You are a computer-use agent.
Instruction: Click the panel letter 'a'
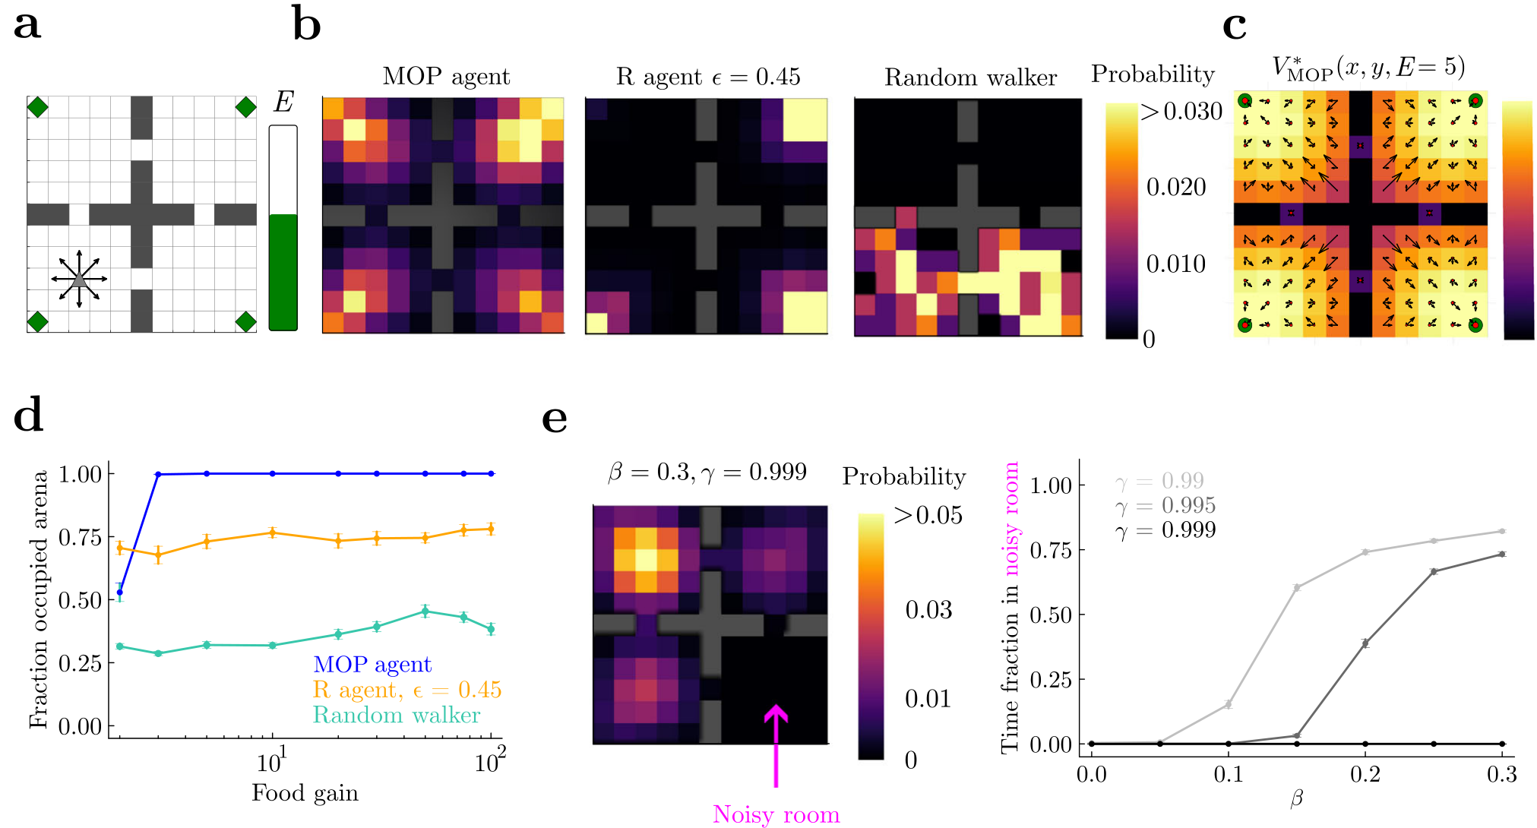(27, 25)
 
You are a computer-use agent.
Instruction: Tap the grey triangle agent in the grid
(79, 279)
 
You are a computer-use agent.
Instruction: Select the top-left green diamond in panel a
(37, 107)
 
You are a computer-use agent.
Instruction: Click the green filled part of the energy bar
(283, 272)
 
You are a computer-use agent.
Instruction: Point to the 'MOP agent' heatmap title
(446, 77)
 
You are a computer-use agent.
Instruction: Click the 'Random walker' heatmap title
(970, 77)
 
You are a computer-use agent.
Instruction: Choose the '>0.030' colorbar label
(1181, 112)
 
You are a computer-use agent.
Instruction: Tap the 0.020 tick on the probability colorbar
(1175, 187)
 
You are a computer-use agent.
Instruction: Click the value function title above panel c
(1368, 68)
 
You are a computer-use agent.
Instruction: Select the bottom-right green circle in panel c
(1475, 325)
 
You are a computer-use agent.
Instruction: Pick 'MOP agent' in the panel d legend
(372, 665)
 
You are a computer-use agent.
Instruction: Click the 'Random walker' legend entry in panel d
(397, 716)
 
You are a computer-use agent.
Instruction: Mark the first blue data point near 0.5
(119, 593)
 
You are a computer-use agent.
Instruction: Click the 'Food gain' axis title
(305, 793)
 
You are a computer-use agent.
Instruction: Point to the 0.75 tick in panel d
(80, 537)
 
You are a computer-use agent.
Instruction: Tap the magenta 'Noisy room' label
(776, 814)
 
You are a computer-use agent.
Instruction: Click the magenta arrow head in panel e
(776, 713)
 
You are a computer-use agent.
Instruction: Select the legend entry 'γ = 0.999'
(1165, 530)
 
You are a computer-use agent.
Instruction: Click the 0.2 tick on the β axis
(1365, 775)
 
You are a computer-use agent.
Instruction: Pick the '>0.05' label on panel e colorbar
(928, 515)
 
